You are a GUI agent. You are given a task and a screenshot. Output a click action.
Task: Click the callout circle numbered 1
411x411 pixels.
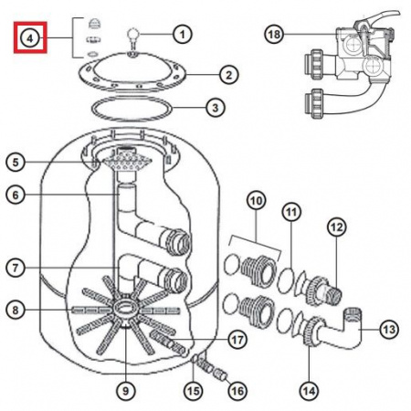pos(183,34)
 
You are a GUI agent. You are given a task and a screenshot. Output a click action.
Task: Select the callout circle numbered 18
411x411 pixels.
pos(274,34)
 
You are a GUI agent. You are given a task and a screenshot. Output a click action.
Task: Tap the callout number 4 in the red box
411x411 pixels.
pos(30,38)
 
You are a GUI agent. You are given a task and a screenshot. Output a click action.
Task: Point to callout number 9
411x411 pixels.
pos(126,391)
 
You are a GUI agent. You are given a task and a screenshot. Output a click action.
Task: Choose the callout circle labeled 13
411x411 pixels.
pos(389,329)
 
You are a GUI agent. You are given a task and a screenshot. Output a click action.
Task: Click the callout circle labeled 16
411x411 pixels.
pos(237,391)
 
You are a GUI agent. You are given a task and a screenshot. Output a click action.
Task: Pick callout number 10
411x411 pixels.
pos(257,201)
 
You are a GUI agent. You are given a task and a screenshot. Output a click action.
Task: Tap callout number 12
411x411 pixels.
pos(337,227)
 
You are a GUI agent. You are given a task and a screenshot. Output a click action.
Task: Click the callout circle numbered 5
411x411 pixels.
pos(16,162)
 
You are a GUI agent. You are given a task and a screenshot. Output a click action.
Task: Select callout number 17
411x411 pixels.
pos(237,340)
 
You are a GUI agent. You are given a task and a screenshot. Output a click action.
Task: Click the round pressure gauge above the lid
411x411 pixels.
pos(132,34)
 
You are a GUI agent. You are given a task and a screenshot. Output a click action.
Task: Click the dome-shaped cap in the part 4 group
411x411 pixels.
pos(94,24)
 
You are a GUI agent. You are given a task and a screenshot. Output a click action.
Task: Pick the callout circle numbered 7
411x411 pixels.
pos(16,268)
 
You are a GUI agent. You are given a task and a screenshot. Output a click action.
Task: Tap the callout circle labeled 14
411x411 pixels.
pos(309,391)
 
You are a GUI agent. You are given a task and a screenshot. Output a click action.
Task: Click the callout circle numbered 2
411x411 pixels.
pos(229,75)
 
